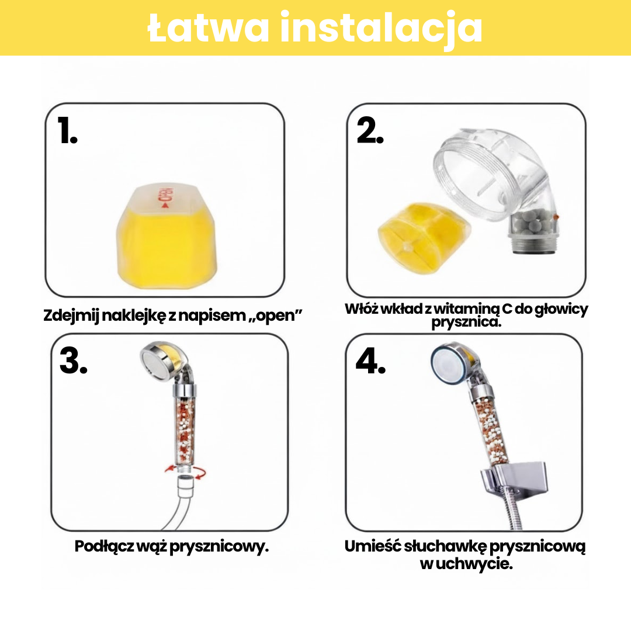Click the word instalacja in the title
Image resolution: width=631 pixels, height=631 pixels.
tap(381, 28)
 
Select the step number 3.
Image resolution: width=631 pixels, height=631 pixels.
tap(73, 361)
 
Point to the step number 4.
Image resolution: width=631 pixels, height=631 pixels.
tap(370, 361)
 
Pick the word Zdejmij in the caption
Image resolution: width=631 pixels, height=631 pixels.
tap(71, 315)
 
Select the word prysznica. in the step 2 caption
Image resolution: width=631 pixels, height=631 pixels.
tap(467, 323)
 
